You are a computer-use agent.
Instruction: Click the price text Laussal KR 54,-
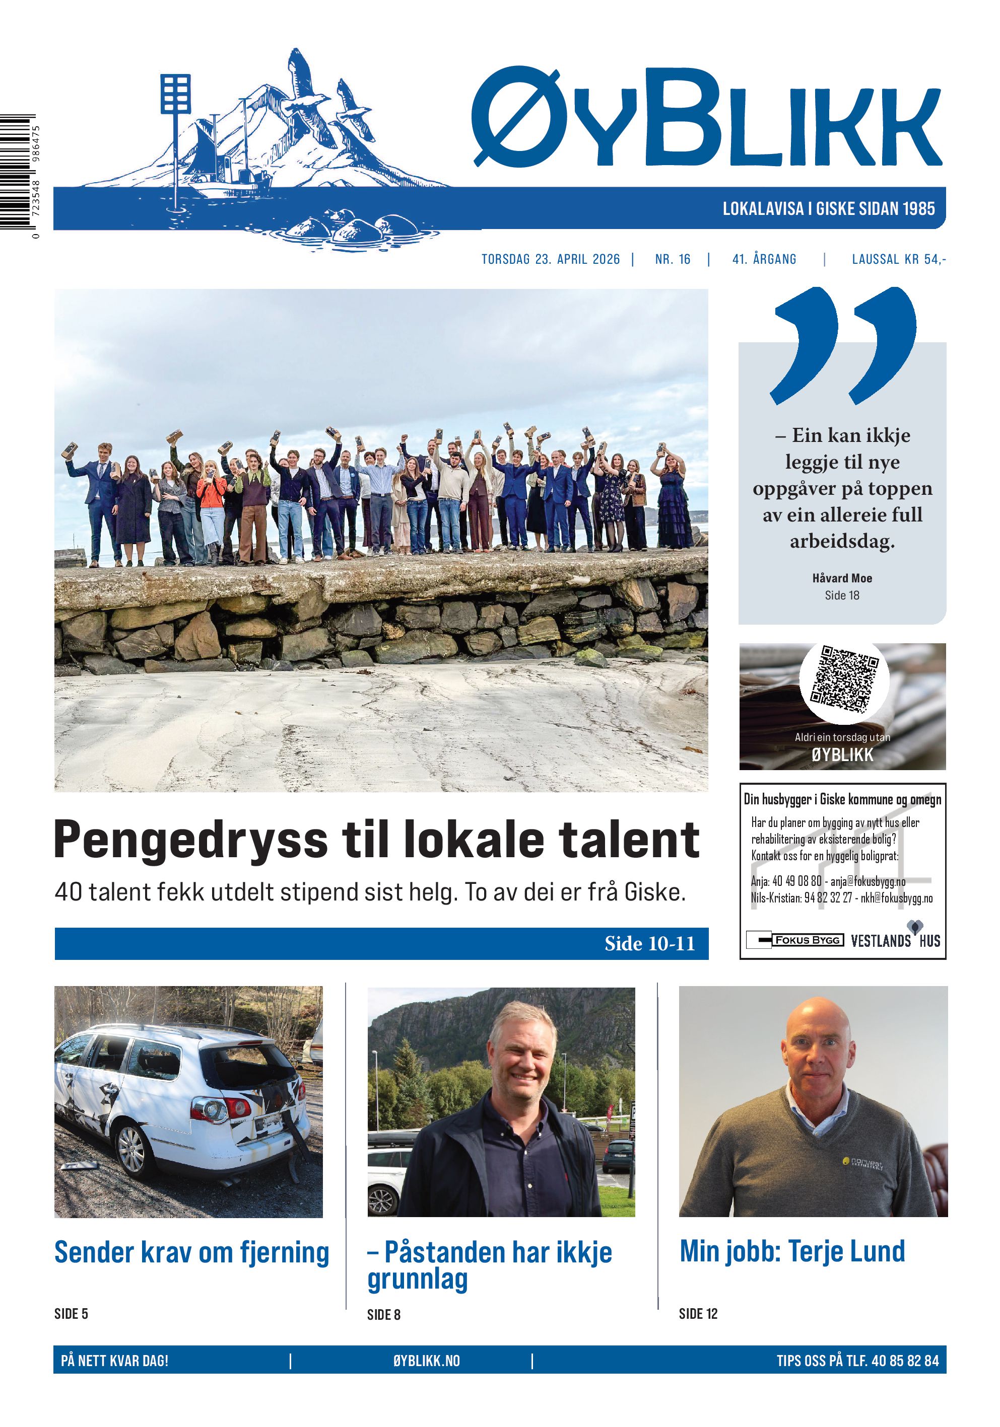tap(898, 259)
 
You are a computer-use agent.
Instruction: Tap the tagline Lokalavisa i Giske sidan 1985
tap(828, 209)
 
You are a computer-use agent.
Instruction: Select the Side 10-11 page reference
tap(649, 943)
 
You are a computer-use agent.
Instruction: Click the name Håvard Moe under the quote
tap(842, 578)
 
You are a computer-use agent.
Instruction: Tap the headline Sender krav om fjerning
tap(191, 1252)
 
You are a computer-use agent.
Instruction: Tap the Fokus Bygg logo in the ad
tap(795, 940)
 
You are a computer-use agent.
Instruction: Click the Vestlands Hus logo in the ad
tap(895, 939)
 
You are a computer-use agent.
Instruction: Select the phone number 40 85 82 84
tap(905, 1361)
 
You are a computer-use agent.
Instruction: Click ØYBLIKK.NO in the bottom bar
tap(426, 1361)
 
